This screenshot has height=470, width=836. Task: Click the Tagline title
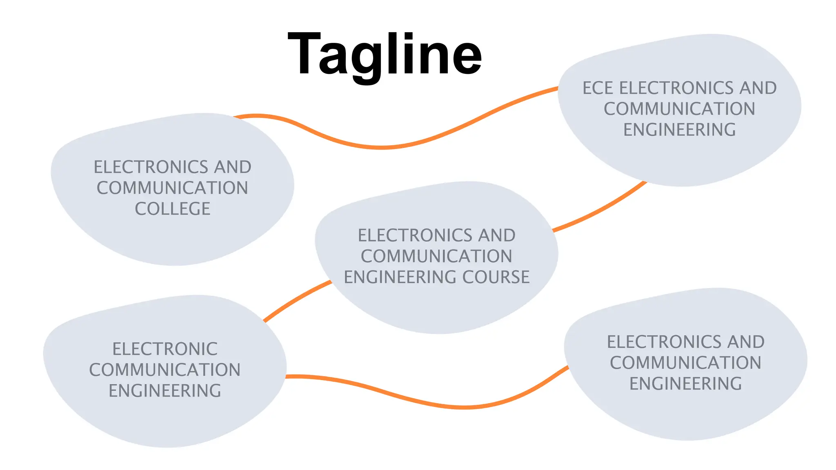click(x=385, y=55)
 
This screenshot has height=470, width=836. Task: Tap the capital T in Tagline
click(x=304, y=54)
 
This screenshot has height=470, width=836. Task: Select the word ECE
click(x=598, y=88)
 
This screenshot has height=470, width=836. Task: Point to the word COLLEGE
click(x=173, y=209)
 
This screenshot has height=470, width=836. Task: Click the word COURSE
click(x=496, y=277)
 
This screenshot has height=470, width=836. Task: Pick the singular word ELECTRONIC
click(x=165, y=349)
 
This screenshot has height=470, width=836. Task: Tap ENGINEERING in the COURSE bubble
click(x=400, y=277)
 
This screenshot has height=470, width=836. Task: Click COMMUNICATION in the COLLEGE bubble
click(x=172, y=188)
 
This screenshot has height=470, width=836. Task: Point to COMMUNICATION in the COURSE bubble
click(x=436, y=256)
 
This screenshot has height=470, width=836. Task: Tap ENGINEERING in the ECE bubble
click(x=680, y=130)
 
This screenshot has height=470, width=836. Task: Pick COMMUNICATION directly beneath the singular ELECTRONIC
click(x=165, y=370)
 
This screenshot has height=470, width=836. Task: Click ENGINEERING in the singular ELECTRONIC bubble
click(x=165, y=391)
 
